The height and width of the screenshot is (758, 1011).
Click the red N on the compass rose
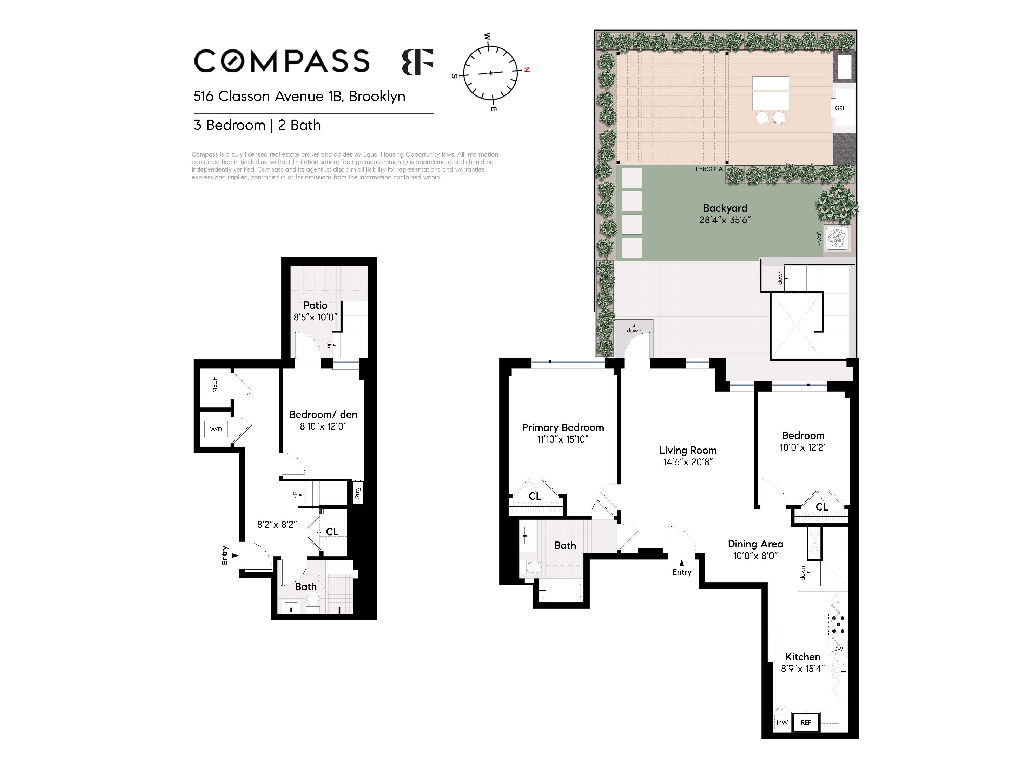527,70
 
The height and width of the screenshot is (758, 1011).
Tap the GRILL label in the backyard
842,108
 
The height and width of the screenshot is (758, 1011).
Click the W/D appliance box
216,429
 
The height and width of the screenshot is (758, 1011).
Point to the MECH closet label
215,384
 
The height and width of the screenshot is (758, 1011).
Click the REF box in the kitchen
806,722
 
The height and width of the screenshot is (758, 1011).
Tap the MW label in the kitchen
782,722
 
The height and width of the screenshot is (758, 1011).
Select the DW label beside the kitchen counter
838,649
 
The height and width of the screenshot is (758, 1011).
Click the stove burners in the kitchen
838,625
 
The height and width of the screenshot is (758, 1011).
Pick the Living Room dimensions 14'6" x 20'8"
687,462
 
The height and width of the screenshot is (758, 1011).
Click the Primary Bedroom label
563,428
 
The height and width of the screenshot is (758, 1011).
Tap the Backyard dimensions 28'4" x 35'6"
725,220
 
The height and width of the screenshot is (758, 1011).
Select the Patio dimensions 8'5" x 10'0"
315,317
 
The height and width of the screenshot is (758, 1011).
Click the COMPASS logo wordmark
282,61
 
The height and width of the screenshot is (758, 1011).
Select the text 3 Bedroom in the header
230,125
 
